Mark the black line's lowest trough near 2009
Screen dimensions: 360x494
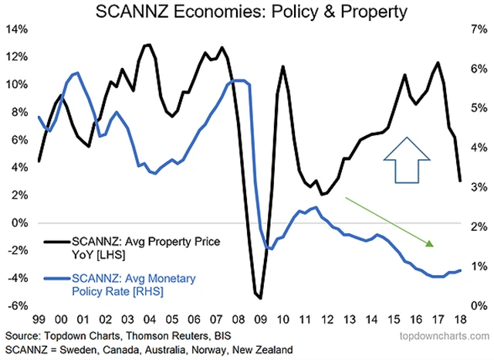click(260, 297)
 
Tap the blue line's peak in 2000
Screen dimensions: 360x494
click(76, 73)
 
